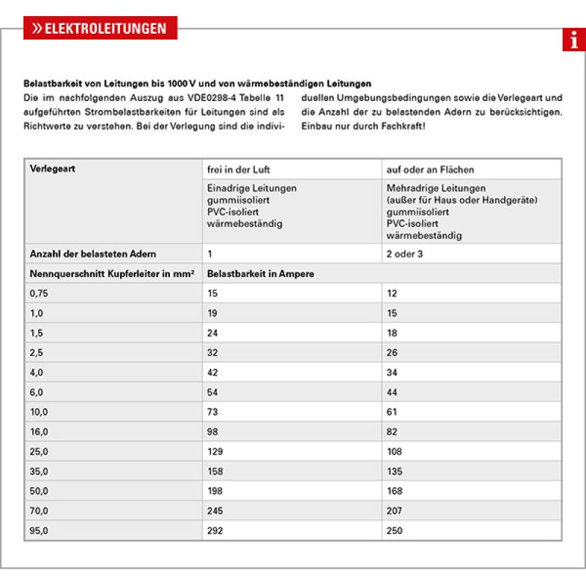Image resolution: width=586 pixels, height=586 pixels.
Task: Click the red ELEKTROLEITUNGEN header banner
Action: pos(100,29)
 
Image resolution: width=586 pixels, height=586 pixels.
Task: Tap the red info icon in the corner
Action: pos(574,40)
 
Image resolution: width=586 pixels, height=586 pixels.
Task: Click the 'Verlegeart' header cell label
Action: pos(53,168)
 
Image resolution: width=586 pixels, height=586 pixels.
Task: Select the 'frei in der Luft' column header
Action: pos(239,169)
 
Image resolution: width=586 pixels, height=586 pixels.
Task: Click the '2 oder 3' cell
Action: pos(405,254)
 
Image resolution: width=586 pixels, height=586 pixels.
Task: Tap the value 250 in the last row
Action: pos(395,530)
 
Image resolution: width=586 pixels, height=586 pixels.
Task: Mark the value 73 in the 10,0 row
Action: pos(213,412)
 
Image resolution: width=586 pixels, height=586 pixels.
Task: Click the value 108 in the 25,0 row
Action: pos(395,451)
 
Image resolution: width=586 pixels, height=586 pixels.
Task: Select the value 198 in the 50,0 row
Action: pos(215,491)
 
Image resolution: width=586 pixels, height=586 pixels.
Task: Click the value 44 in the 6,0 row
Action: pos(392,392)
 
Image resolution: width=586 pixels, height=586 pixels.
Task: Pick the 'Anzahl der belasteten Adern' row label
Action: pos(92,254)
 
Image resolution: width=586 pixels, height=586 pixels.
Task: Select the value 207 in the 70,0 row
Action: pos(395,511)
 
